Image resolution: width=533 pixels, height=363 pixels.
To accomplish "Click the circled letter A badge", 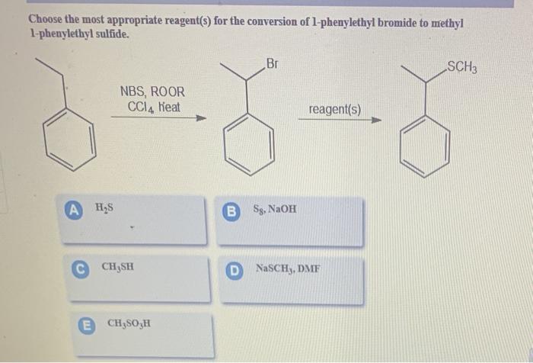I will click(x=74, y=206).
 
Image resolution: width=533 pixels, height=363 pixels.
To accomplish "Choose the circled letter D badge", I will click(x=235, y=268).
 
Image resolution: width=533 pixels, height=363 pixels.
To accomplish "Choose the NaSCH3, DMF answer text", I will click(x=287, y=268).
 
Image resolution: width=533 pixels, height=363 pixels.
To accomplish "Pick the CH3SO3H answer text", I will click(x=129, y=323).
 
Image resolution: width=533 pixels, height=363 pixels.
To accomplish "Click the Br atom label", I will click(x=272, y=64).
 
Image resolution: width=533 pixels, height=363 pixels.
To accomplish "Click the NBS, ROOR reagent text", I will click(x=152, y=92).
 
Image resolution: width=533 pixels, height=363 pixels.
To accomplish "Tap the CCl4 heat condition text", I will click(x=154, y=107).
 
